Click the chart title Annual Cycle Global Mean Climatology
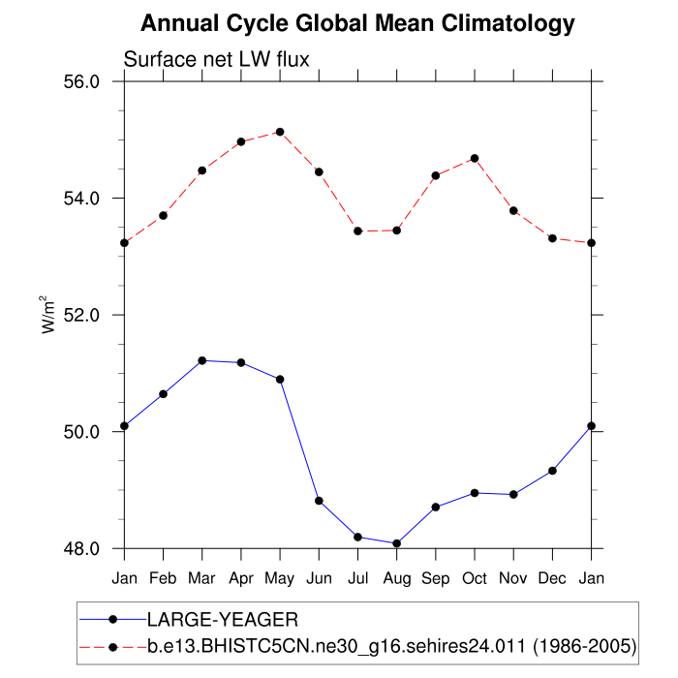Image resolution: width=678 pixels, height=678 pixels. point(357,23)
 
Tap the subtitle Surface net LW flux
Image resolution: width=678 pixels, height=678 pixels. point(216,60)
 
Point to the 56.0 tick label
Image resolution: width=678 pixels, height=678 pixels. point(81,81)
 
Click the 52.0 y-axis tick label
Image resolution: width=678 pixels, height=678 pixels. point(81,315)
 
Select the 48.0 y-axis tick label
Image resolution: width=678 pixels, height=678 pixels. point(81,548)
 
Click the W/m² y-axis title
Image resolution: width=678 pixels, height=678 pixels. point(47,315)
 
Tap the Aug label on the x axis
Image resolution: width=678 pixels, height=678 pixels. point(396,577)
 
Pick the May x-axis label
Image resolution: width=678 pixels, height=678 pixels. point(280,578)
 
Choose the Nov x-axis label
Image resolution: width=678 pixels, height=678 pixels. point(513,577)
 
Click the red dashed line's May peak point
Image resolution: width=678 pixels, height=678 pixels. point(280,132)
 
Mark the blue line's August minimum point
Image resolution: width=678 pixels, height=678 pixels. point(396,543)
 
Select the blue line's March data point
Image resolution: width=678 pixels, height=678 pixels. point(201,360)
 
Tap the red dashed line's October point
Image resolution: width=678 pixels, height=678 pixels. point(475,158)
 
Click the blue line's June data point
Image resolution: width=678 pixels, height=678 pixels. point(319,501)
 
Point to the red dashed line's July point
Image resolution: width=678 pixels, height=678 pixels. point(357,231)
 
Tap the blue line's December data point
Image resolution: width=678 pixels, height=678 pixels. point(552,471)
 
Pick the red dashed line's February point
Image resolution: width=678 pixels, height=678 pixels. point(163,215)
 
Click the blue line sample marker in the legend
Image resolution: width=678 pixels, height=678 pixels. point(112,619)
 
